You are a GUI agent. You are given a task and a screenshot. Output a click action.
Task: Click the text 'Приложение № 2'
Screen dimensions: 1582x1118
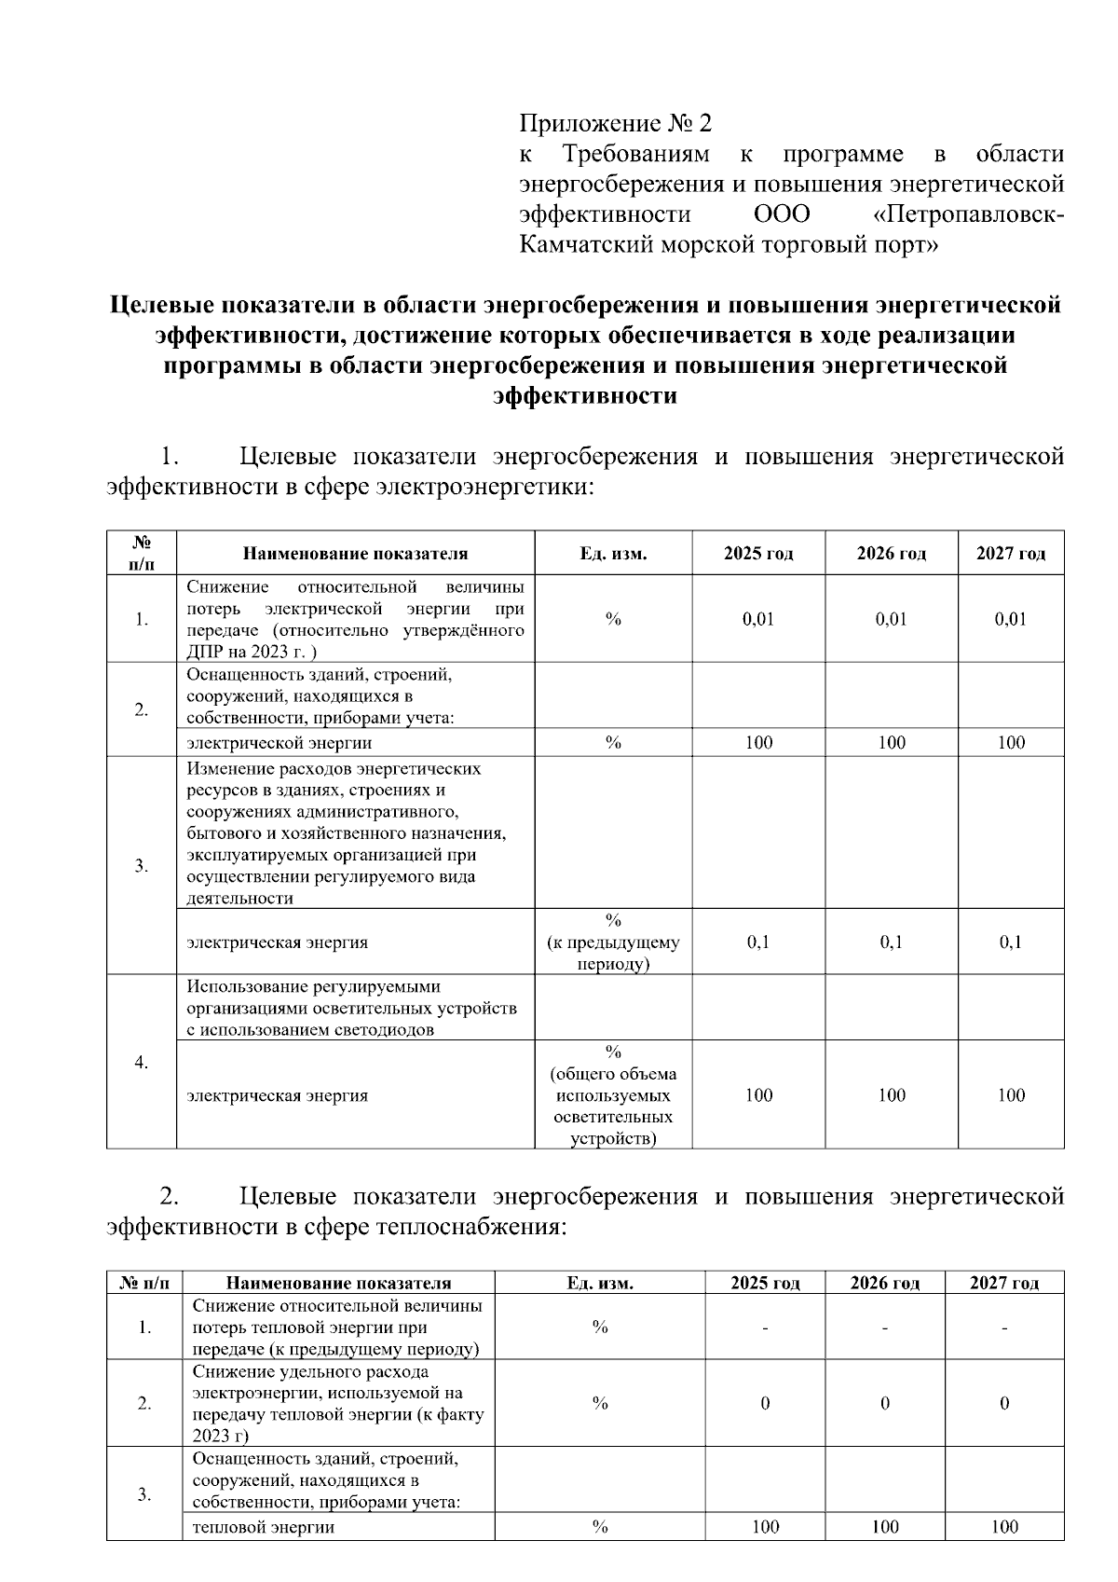tap(615, 123)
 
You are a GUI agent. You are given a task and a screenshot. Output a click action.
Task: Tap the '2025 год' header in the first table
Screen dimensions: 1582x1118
tap(758, 554)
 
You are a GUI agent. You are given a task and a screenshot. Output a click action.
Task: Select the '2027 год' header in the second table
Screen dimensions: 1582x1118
tap(1003, 1283)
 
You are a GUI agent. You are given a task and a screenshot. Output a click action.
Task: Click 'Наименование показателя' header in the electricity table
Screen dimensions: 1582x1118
tap(355, 554)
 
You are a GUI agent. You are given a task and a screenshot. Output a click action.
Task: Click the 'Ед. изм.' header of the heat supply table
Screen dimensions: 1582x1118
tap(600, 1283)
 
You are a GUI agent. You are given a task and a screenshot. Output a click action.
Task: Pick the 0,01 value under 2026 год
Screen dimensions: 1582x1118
tap(891, 619)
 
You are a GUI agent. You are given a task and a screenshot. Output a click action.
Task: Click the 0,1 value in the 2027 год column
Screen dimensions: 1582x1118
tap(1011, 942)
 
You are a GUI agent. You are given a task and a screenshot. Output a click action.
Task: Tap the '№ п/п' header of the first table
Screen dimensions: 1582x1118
tap(142, 553)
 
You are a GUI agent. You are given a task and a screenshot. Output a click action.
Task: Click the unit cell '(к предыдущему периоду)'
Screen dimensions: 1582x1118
tap(613, 942)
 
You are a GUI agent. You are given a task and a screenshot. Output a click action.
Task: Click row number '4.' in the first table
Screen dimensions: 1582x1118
tap(142, 1062)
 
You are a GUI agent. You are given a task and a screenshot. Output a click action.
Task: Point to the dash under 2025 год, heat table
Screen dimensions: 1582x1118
tap(765, 1327)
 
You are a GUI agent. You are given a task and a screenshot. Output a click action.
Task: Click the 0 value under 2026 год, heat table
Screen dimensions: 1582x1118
tap(884, 1403)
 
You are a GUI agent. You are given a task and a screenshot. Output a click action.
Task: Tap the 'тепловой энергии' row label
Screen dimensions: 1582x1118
tap(264, 1526)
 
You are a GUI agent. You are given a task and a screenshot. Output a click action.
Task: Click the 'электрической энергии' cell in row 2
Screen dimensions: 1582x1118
tap(279, 743)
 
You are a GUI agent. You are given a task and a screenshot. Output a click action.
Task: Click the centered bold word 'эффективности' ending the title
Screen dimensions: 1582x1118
tap(585, 396)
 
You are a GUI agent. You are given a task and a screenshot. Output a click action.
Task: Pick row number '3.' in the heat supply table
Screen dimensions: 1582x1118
tap(144, 1494)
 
